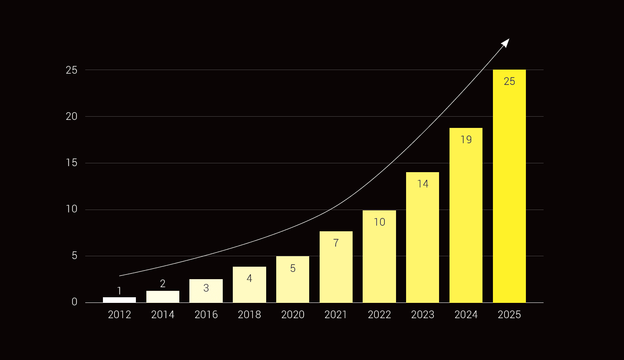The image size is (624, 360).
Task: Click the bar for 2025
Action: pos(509,186)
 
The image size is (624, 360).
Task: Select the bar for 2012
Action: pos(119,300)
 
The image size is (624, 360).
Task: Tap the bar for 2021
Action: pos(336,267)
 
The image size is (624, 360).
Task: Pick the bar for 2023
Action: pos(422,237)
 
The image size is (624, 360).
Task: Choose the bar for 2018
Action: pos(249,284)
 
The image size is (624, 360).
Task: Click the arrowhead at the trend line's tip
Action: pos(506,42)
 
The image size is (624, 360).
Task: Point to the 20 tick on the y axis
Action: pos(72,117)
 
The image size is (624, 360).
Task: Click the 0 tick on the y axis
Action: pos(74,302)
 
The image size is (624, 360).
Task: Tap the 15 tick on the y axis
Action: pos(72,163)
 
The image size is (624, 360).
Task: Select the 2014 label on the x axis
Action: pos(163,315)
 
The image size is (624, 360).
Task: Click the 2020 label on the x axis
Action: pos(293,315)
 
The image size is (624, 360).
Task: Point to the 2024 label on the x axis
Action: pos(466,315)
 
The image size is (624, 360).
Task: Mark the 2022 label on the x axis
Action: pos(379,315)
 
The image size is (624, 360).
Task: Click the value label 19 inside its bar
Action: pos(466,140)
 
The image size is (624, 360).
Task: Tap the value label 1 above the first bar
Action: pos(119,291)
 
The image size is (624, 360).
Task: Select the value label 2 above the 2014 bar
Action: pos(163,284)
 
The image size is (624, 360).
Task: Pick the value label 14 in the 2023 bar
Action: pos(423,184)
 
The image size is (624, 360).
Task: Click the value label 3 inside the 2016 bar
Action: pos(206,288)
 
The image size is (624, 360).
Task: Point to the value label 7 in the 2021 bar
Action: pos(336,243)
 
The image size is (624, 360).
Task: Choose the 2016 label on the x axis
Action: pos(206,315)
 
